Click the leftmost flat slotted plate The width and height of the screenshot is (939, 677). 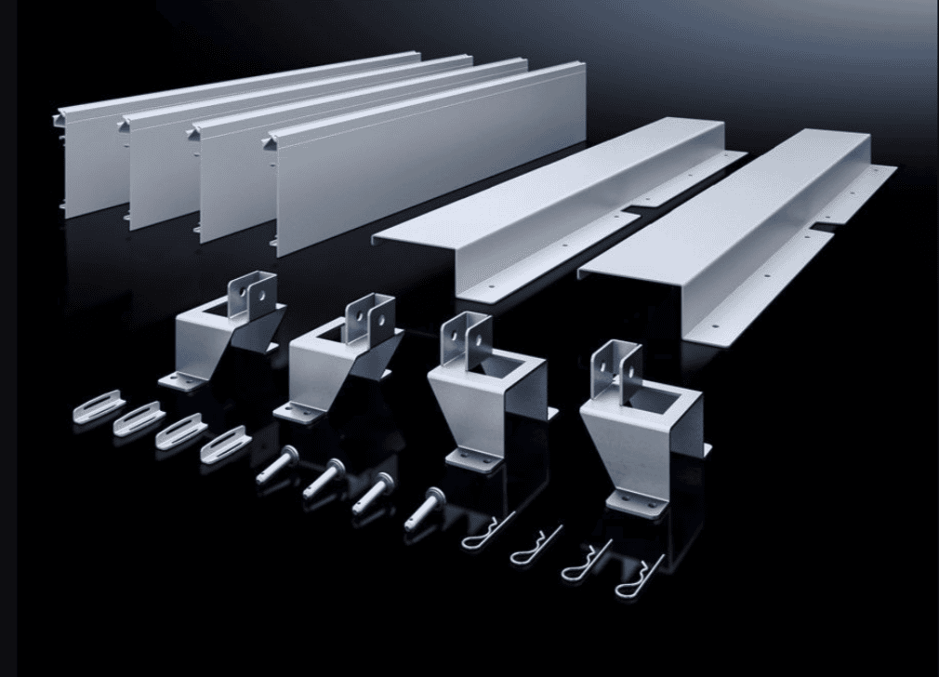tap(98, 406)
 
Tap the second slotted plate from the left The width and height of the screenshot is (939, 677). tap(139, 418)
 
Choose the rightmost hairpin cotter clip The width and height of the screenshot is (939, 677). tap(639, 577)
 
